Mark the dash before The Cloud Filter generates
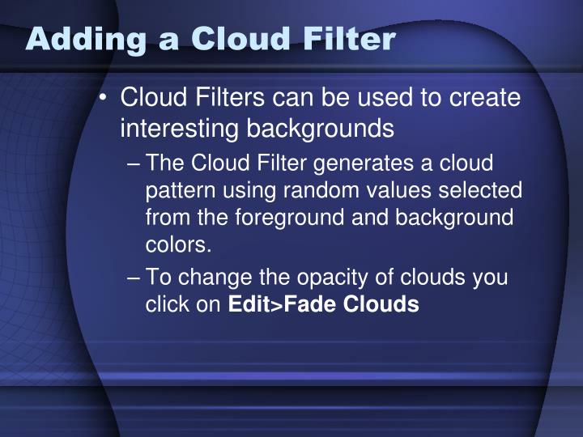click(x=134, y=163)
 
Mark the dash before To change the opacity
click(x=134, y=278)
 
